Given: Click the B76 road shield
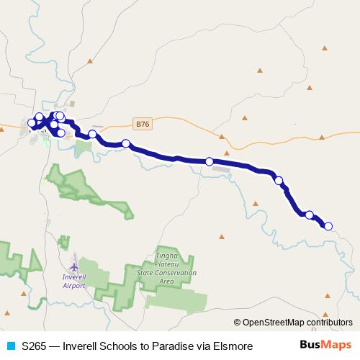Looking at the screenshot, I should [143, 124].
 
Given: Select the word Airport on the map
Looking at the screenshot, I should [74, 286].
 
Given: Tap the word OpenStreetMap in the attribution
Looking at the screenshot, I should [274, 323].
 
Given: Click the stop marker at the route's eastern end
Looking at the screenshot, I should [328, 226].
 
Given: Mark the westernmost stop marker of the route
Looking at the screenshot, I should [32, 123].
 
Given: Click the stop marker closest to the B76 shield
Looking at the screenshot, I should [126, 143].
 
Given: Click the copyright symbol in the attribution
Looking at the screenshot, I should [238, 323].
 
